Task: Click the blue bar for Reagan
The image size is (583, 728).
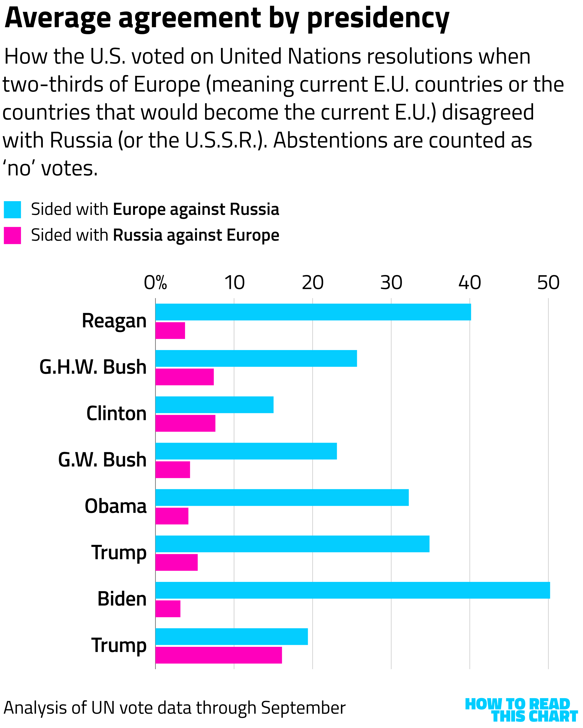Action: click(313, 312)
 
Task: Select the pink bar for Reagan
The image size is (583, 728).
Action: click(170, 331)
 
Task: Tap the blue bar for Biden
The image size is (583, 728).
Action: click(353, 590)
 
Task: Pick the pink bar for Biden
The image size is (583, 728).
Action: click(168, 609)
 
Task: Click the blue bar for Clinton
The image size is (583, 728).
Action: click(214, 405)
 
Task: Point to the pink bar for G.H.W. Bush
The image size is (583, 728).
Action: click(185, 377)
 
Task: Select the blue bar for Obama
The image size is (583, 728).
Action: click(282, 497)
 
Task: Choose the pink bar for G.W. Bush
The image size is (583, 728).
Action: click(173, 470)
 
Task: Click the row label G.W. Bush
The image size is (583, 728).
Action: click(102, 460)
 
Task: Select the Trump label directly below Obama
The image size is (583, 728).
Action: click(119, 553)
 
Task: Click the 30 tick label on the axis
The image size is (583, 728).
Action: click(391, 283)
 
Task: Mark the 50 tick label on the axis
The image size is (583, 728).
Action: click(548, 283)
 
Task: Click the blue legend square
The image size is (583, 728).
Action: click(12, 210)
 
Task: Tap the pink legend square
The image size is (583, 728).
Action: click(12, 235)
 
